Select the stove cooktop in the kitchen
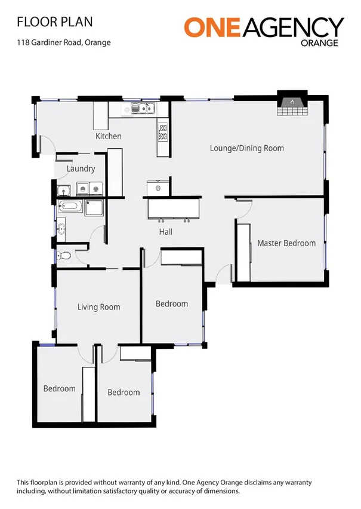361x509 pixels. tap(162, 132)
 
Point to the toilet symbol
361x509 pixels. tap(64, 256)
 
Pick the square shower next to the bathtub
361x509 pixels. tap(94, 208)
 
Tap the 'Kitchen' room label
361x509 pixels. tap(109, 136)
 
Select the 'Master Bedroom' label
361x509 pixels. tap(286, 243)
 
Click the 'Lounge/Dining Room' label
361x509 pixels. tap(246, 148)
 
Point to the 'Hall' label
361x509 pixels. tap(166, 232)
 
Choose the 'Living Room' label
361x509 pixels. tap(98, 307)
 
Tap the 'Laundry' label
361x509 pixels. tap(81, 169)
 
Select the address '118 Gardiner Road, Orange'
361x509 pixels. tap(63, 42)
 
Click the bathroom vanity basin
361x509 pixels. tap(61, 228)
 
